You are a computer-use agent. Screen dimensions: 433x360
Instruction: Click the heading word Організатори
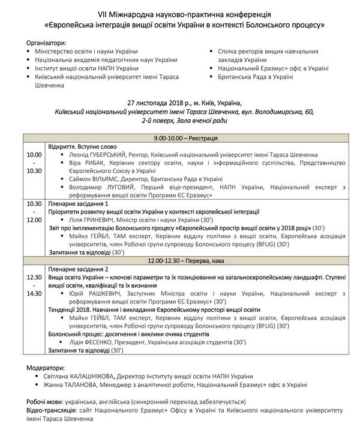pyautogui.click(x=46, y=43)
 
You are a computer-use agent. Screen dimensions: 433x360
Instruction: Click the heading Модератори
pyautogui.click(x=45, y=366)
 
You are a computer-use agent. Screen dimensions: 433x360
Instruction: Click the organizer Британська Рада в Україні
pyautogui.click(x=264, y=77)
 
